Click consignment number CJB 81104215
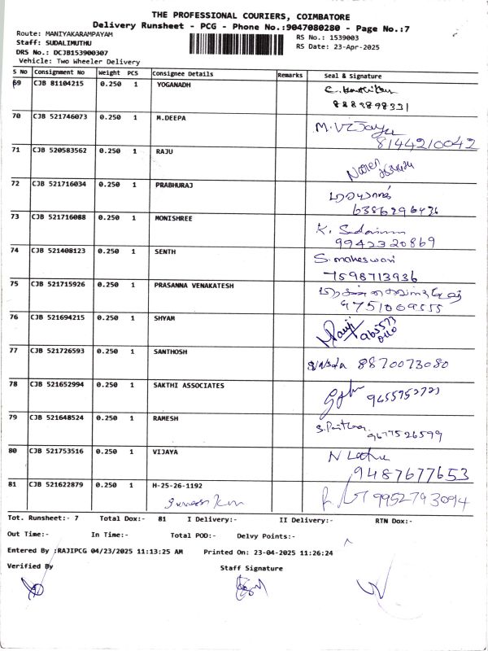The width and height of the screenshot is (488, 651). tap(59, 84)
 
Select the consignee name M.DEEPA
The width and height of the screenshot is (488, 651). tap(171, 117)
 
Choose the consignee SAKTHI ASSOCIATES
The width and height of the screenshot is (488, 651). tap(189, 385)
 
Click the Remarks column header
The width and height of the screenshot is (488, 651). tap(290, 74)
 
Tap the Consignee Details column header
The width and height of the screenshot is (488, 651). tap(183, 74)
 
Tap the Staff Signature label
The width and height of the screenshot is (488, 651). tap(251, 568)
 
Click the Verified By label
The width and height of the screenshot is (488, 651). tap(30, 566)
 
